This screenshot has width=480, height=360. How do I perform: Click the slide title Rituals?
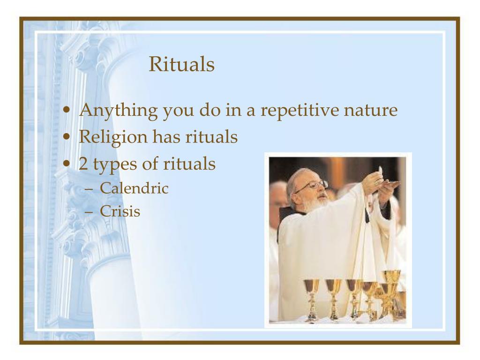click(181, 65)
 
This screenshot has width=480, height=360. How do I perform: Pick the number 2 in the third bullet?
click(83, 164)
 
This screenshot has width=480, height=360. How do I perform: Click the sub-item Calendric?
click(134, 188)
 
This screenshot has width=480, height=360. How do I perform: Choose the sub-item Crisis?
click(120, 211)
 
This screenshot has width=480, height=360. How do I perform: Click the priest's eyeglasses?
click(311, 186)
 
